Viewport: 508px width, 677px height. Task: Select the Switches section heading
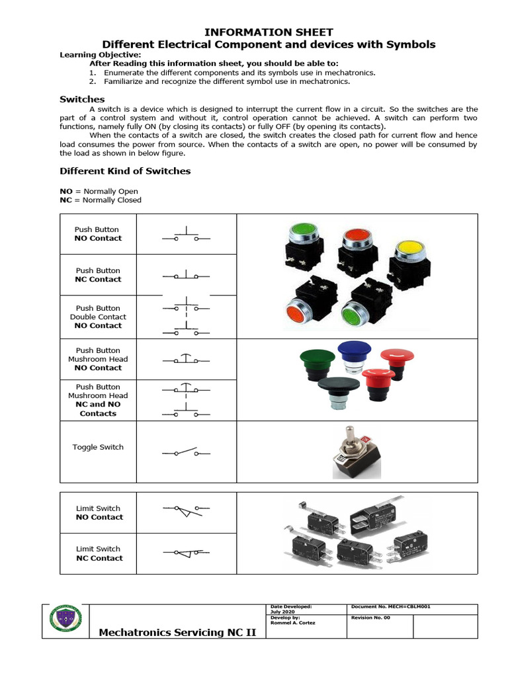pos(82,99)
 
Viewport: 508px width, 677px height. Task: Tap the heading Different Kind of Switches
pos(125,171)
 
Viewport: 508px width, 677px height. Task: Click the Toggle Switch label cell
pos(98,448)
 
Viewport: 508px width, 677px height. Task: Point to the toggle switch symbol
pos(187,453)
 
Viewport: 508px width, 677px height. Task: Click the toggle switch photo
pos(357,453)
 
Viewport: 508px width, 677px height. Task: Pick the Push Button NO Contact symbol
pos(187,235)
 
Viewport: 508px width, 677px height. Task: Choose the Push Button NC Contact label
pos(98,275)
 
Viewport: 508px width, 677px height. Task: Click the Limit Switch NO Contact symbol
pos(187,510)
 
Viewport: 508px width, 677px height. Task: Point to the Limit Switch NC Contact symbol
pos(187,551)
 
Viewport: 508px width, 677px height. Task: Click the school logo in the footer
pos(64,621)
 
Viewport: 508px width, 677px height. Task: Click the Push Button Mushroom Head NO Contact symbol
pos(187,359)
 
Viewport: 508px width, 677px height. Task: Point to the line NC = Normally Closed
pos(101,200)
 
